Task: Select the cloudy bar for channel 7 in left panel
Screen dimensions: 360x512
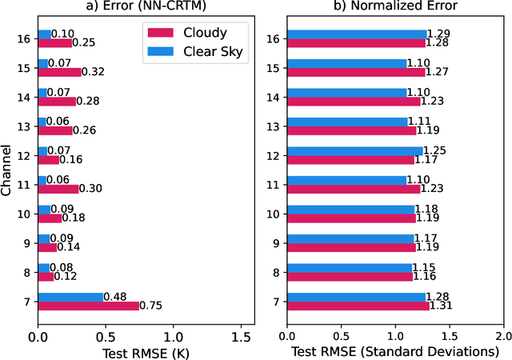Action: pyautogui.click(x=88, y=305)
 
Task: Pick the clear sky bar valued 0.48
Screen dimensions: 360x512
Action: pyautogui.click(x=70, y=297)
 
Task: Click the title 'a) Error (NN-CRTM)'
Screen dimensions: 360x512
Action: pyautogui.click(x=146, y=7)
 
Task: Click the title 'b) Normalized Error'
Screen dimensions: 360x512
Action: pyautogui.click(x=394, y=7)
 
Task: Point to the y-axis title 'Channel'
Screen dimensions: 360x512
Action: pyautogui.click(x=7, y=170)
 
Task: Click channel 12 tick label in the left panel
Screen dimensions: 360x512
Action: pyautogui.click(x=25, y=154)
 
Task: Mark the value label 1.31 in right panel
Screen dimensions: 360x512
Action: pyautogui.click(x=441, y=306)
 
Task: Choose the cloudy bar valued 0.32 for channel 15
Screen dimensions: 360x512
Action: pyautogui.click(x=59, y=71)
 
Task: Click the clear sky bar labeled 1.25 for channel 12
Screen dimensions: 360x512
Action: pyautogui.click(x=354, y=150)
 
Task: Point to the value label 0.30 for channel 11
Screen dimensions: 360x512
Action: pyautogui.click(x=91, y=189)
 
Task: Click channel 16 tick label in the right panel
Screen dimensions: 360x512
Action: pyautogui.click(x=274, y=38)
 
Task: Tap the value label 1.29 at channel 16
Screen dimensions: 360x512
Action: pyautogui.click(x=438, y=34)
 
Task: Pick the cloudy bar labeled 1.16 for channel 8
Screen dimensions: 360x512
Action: pyautogui.click(x=350, y=276)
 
